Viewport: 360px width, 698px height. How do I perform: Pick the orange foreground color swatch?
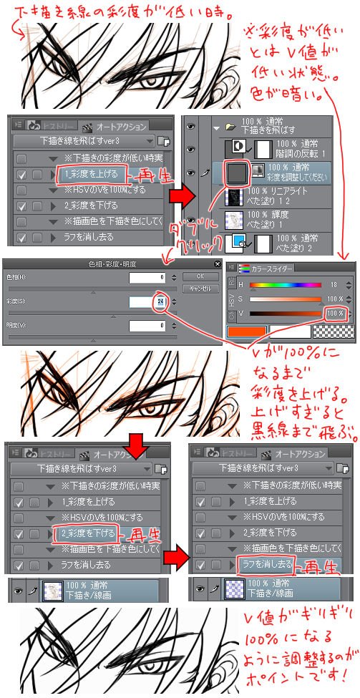[246, 332]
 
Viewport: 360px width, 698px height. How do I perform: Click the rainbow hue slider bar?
[286, 285]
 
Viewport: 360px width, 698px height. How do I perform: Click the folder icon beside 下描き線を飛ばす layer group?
[229, 127]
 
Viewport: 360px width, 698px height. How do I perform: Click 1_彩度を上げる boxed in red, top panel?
[91, 173]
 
